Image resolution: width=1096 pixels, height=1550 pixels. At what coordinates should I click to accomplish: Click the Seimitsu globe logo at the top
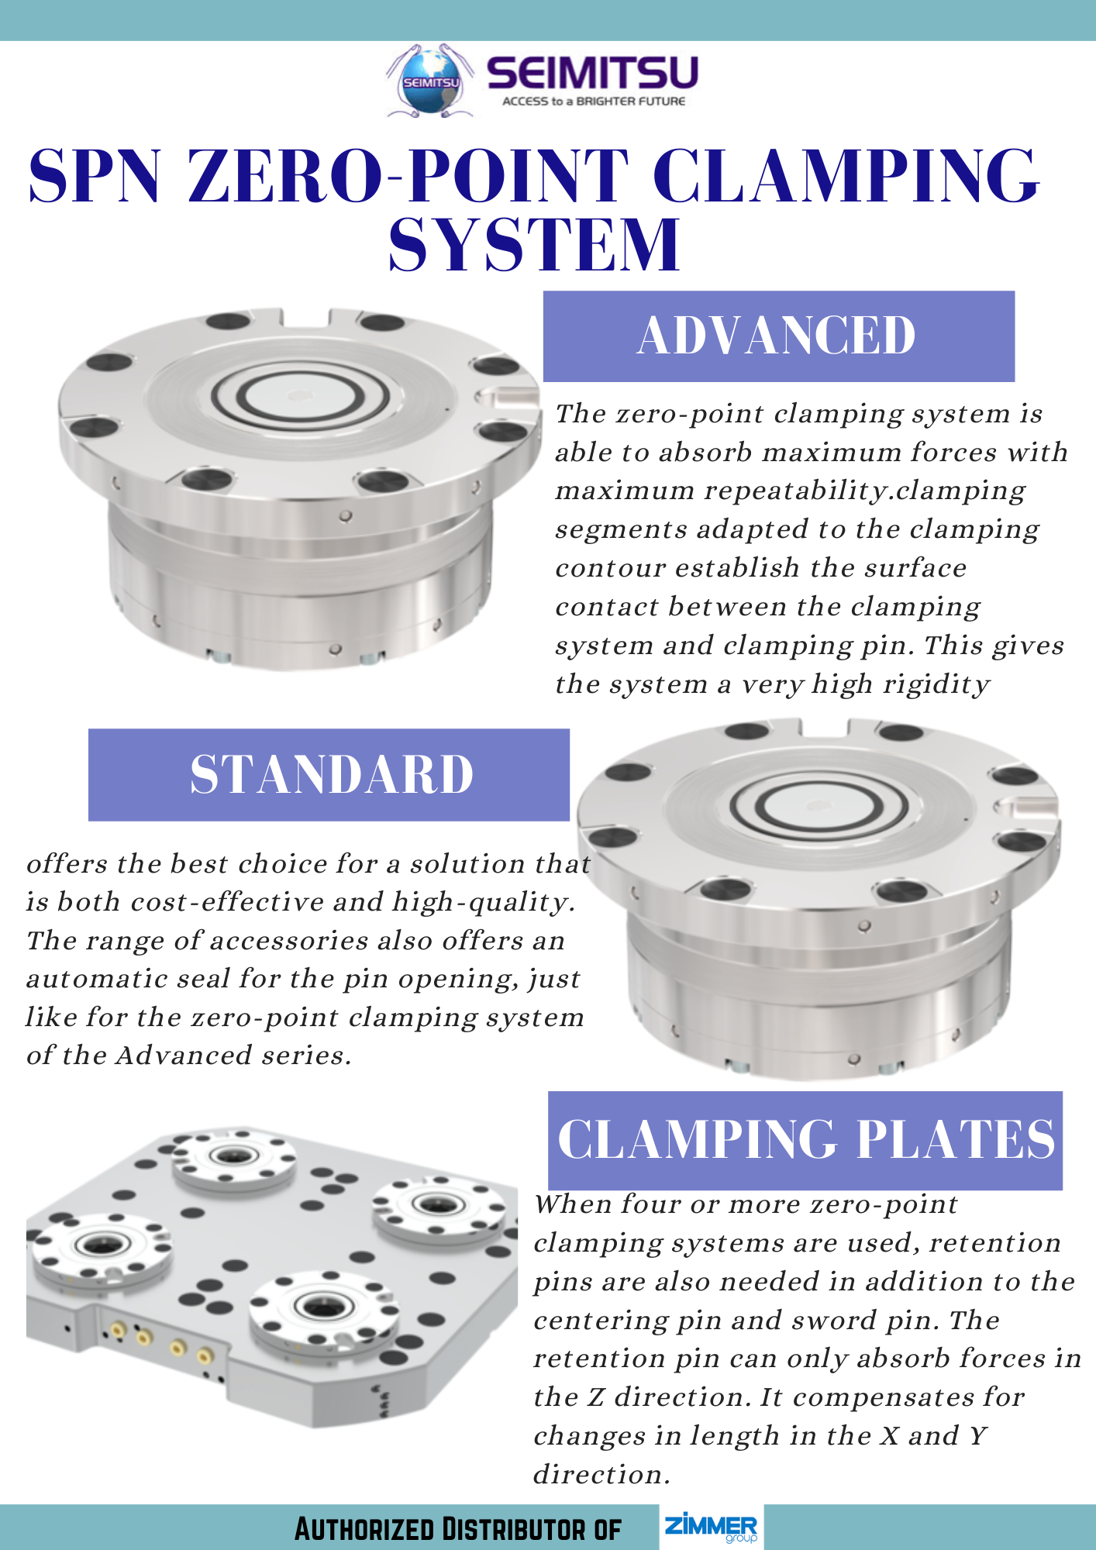tap(431, 81)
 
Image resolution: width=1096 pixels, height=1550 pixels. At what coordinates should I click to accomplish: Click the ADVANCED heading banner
tap(778, 336)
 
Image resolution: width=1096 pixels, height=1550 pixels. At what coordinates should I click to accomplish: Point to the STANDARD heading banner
tap(329, 774)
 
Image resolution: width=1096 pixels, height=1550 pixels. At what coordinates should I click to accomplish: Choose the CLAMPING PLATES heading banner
tap(805, 1139)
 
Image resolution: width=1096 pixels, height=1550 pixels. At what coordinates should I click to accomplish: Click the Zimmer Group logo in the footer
tap(711, 1527)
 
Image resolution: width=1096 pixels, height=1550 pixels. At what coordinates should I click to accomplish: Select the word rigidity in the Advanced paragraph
tap(936, 685)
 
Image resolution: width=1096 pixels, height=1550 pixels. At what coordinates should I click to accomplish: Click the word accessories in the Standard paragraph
tap(289, 941)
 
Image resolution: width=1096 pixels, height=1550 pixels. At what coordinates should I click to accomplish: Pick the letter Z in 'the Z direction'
tap(595, 1398)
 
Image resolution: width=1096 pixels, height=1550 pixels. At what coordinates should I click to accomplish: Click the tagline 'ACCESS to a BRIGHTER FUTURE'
tap(594, 102)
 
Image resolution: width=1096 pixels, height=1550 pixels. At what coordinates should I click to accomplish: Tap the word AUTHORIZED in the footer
tap(364, 1529)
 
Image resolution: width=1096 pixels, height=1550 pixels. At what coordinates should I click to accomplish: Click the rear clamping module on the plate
tap(233, 1156)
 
